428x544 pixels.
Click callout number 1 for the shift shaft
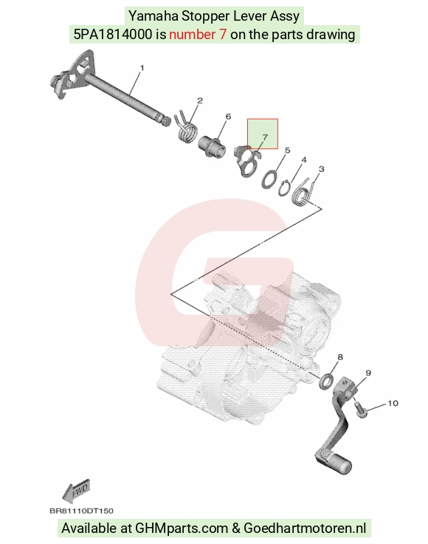click(x=142, y=68)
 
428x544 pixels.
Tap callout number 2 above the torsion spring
click(x=200, y=100)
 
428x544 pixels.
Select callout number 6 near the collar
click(x=228, y=117)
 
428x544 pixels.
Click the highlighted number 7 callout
click(x=265, y=137)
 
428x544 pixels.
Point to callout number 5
click(x=287, y=151)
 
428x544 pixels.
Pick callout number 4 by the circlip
click(x=304, y=160)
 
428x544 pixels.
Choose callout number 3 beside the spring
click(x=321, y=169)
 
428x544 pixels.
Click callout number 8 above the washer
click(x=340, y=357)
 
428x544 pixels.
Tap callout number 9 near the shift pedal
click(x=368, y=373)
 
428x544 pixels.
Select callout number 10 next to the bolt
click(x=393, y=403)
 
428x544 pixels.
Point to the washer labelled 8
click(x=326, y=382)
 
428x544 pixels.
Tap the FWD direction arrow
click(x=76, y=491)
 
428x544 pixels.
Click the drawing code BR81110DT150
click(x=81, y=511)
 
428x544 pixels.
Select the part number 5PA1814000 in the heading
click(x=113, y=35)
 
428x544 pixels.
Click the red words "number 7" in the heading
click(x=198, y=35)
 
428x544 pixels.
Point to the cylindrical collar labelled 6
click(x=212, y=146)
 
